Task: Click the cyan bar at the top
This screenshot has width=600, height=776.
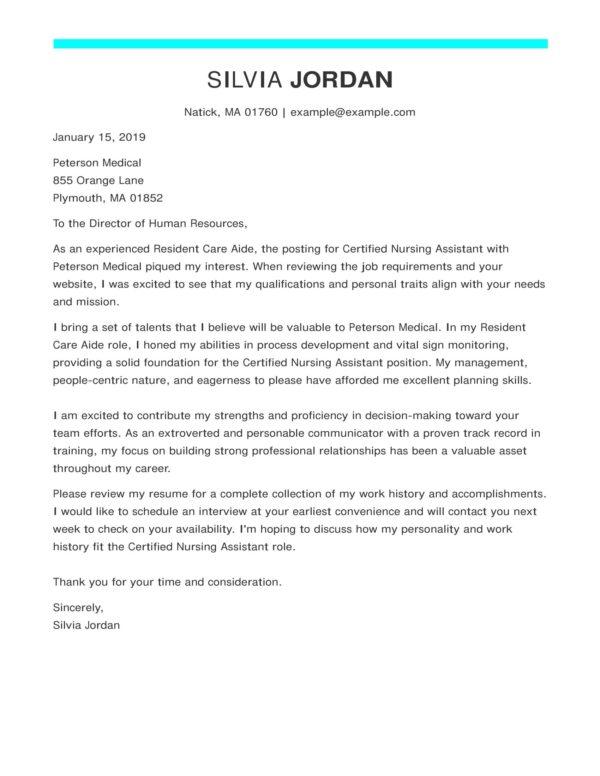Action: (300, 43)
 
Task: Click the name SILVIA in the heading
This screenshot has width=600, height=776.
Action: (244, 80)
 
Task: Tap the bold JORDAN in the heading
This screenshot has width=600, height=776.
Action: (341, 80)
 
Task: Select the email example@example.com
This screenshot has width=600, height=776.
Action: (354, 112)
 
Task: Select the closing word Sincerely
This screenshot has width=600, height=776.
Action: (77, 606)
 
